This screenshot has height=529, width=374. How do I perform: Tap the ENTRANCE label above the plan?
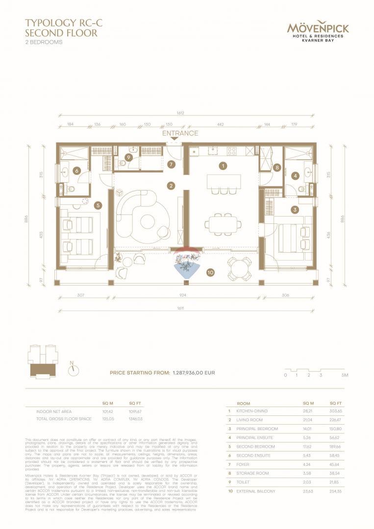[181, 133]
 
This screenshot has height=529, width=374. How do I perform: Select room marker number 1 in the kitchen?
[223, 166]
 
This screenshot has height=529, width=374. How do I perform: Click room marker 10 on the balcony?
[210, 272]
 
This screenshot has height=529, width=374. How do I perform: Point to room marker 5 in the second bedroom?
[98, 206]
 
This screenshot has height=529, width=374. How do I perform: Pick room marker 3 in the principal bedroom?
[295, 210]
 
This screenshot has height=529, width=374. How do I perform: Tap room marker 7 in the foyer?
[171, 165]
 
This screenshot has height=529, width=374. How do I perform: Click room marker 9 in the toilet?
[128, 157]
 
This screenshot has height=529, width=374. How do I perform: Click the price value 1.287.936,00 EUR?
[194, 373]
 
